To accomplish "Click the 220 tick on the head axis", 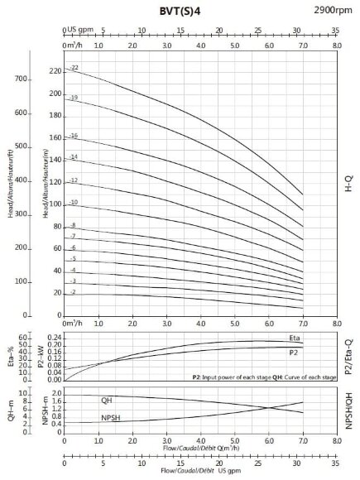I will click(55, 71).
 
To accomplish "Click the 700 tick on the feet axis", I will click(22, 79).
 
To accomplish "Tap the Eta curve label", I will click(295, 338).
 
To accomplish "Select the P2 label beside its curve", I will click(294, 353).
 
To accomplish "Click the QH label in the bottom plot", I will click(107, 400).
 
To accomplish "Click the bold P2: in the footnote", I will click(197, 377).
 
